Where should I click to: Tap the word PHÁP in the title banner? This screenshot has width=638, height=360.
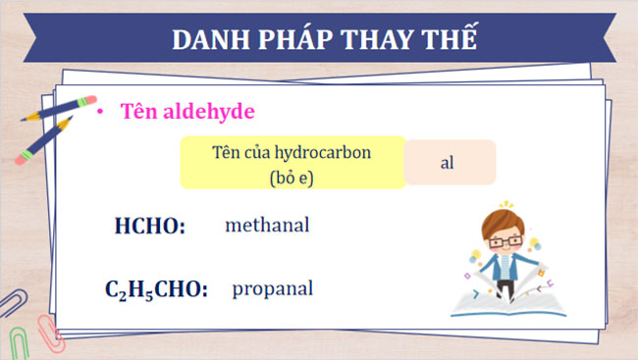(293, 40)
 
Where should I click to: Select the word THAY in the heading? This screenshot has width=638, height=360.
(385, 40)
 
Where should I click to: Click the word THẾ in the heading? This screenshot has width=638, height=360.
(452, 40)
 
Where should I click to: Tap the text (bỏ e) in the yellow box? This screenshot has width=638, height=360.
(292, 178)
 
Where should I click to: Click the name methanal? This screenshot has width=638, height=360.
(267, 226)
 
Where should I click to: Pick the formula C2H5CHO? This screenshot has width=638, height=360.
(156, 290)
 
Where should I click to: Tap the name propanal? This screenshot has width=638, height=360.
(273, 289)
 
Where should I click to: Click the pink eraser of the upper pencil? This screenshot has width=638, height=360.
(88, 101)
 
